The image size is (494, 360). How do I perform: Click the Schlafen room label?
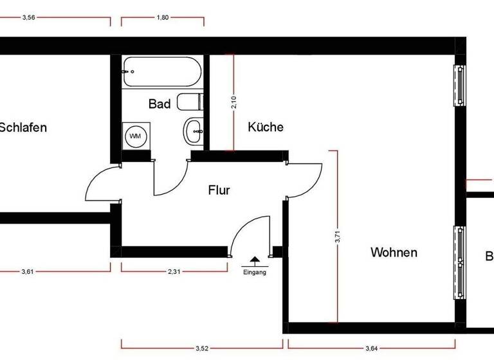(23, 127)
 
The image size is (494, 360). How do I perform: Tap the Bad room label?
(160, 104)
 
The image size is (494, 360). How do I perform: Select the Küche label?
(266, 127)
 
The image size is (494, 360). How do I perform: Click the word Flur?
(219, 190)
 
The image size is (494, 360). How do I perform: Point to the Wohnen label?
(394, 253)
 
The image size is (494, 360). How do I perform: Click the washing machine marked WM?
(135, 136)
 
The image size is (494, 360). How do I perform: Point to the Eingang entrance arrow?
(255, 260)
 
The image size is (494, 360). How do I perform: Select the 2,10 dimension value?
(234, 104)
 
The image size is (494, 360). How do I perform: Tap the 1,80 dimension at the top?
(163, 18)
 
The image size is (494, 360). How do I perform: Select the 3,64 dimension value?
(372, 348)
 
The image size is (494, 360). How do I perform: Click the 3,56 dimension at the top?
(28, 18)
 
